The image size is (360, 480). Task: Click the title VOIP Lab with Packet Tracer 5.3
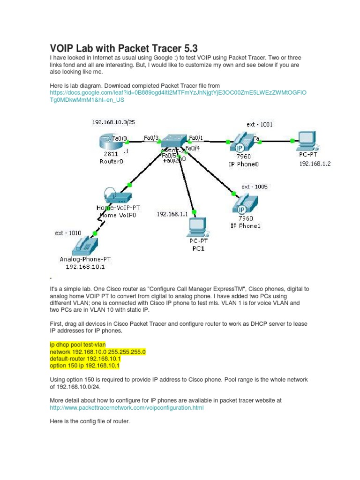124,48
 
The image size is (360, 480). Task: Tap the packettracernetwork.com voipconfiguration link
127,408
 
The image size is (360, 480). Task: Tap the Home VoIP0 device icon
116,197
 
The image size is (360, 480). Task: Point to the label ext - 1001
260,124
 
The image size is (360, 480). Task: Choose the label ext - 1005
255,187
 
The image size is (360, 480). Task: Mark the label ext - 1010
68,233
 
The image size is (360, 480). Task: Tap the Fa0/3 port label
151,138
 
